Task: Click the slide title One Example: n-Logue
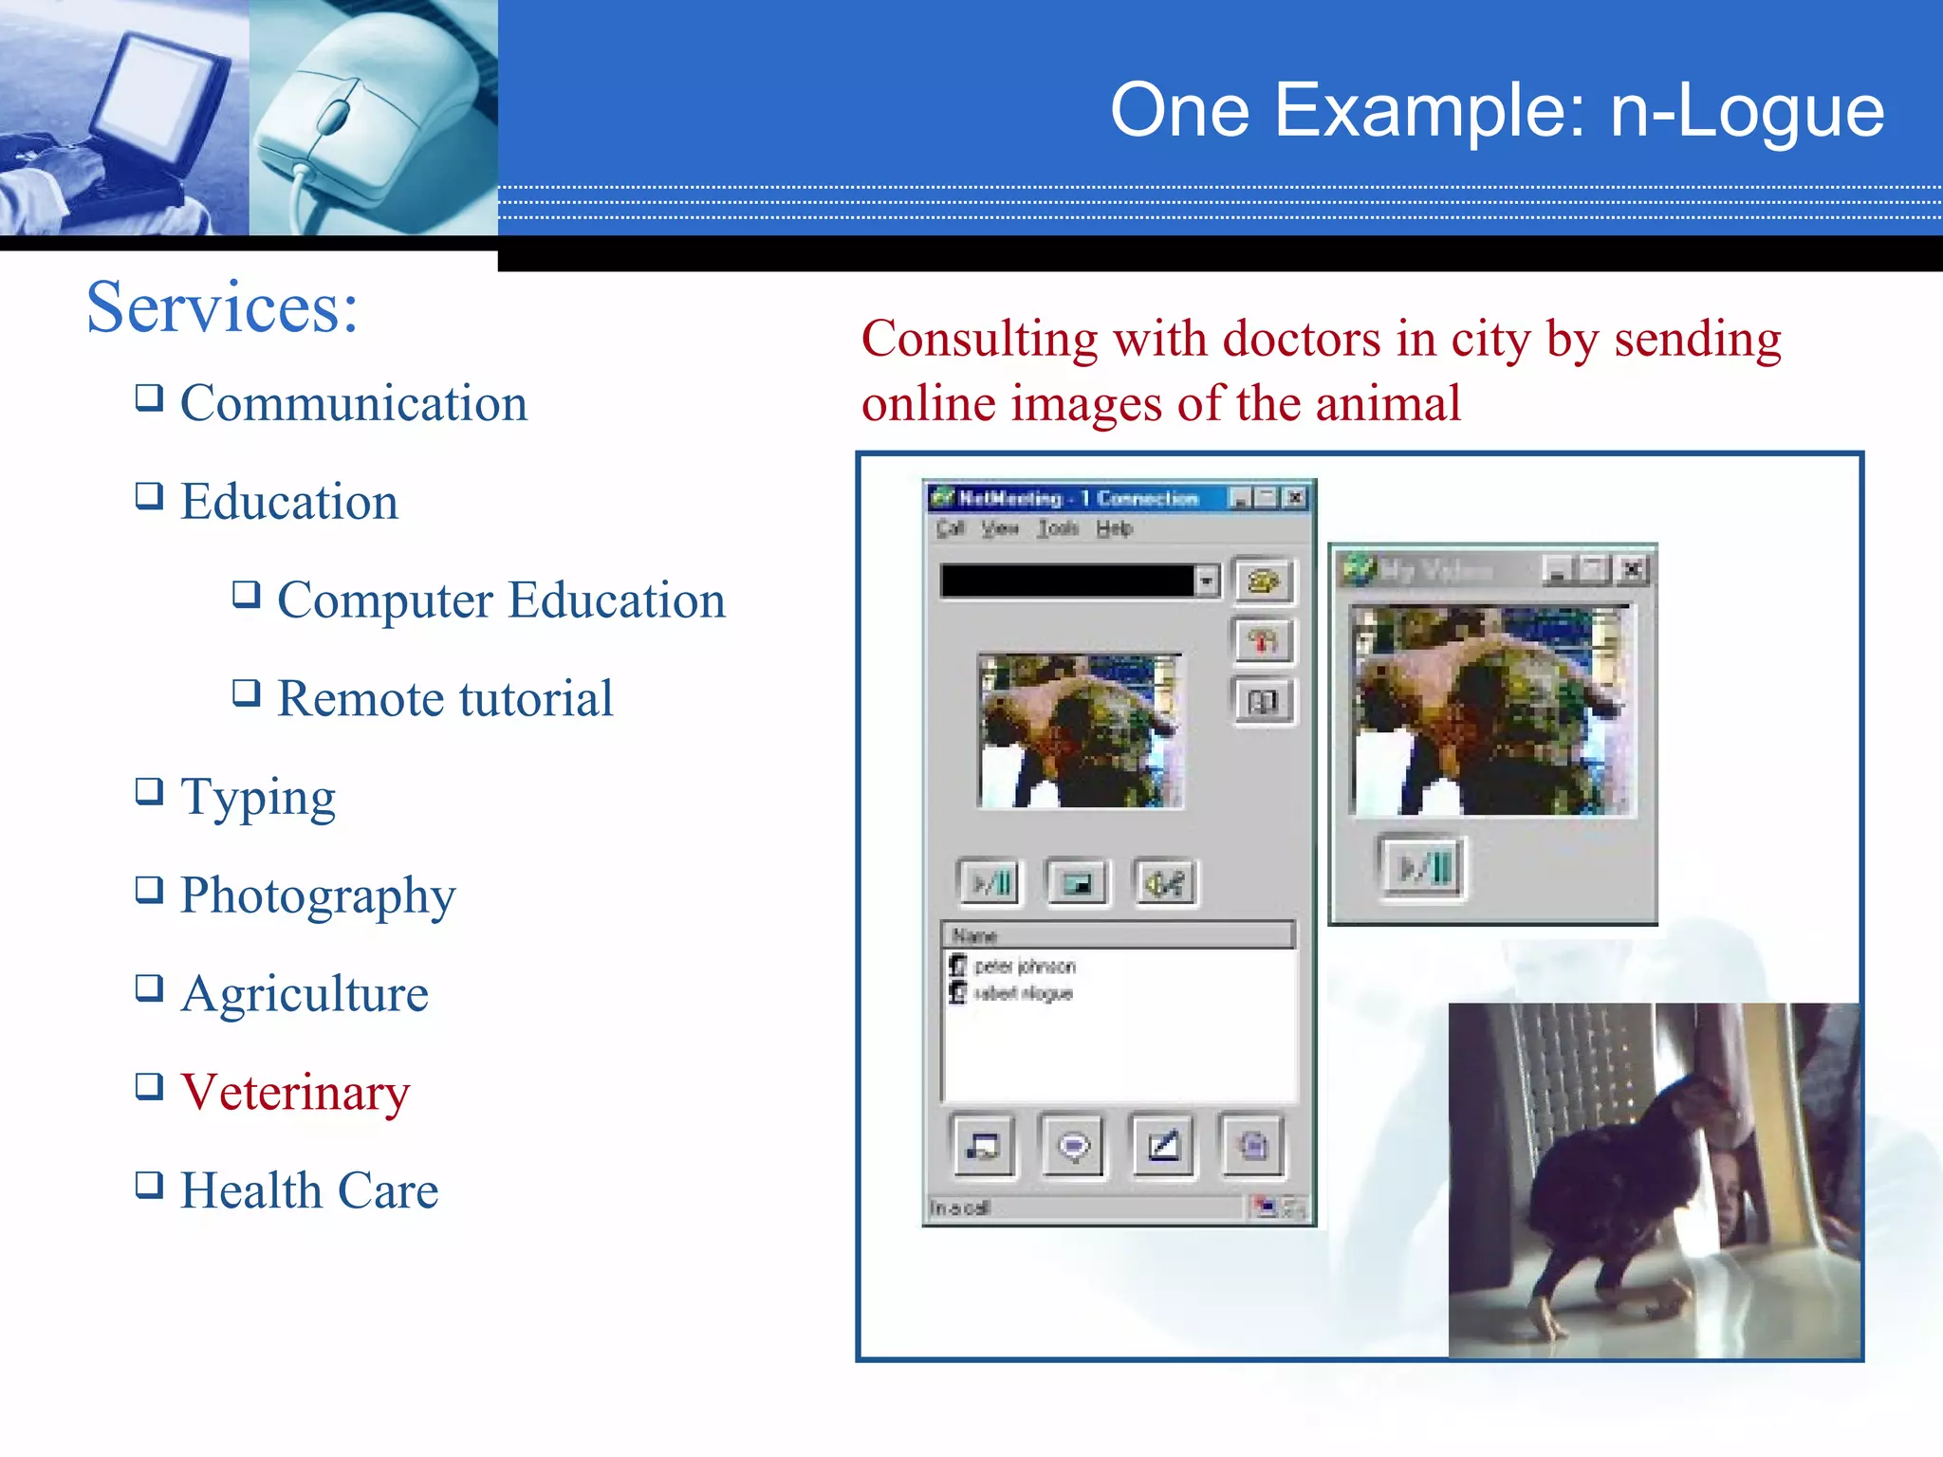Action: point(1496,111)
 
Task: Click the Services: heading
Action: point(222,307)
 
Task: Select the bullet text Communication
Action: point(353,404)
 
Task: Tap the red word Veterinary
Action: point(295,1092)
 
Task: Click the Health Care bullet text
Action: point(309,1190)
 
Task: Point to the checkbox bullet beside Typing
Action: point(149,790)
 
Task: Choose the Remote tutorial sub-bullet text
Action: point(445,699)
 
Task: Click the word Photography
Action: point(318,895)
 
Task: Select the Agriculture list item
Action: point(305,994)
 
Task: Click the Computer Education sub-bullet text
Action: point(501,600)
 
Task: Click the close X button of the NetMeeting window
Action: point(1295,498)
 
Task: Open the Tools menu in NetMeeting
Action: point(1057,528)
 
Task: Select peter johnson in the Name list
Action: point(1024,967)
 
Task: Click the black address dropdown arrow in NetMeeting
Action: point(1206,581)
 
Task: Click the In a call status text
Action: point(959,1208)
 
